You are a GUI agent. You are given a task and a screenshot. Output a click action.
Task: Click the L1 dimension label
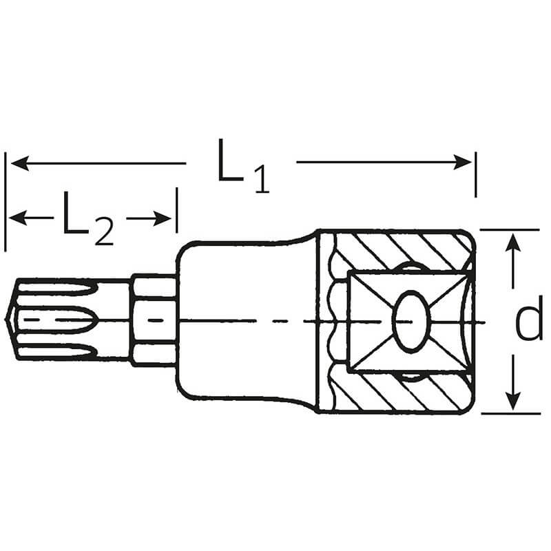(244, 166)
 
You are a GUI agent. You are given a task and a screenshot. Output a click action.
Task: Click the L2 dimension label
(89, 218)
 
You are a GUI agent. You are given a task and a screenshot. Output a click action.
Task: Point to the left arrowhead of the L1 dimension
(20, 163)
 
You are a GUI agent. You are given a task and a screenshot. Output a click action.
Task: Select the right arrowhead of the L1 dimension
(462, 163)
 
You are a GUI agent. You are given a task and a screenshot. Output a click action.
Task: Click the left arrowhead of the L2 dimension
(19, 218)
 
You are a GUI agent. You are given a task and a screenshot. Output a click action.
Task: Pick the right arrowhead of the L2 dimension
(163, 218)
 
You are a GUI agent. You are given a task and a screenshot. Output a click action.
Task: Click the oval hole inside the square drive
(411, 321)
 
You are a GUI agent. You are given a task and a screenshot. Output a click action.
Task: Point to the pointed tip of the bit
(6, 319)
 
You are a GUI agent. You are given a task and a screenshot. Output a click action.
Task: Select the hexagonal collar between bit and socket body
(154, 320)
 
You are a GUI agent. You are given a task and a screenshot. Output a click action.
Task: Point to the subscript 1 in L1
(262, 180)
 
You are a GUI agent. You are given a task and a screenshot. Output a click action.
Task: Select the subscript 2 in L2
(105, 231)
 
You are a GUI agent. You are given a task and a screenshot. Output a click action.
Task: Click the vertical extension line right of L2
(177, 210)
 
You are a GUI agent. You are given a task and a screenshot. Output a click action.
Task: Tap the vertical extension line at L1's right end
(475, 175)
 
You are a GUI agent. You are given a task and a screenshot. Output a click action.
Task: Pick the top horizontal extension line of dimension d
(510, 230)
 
